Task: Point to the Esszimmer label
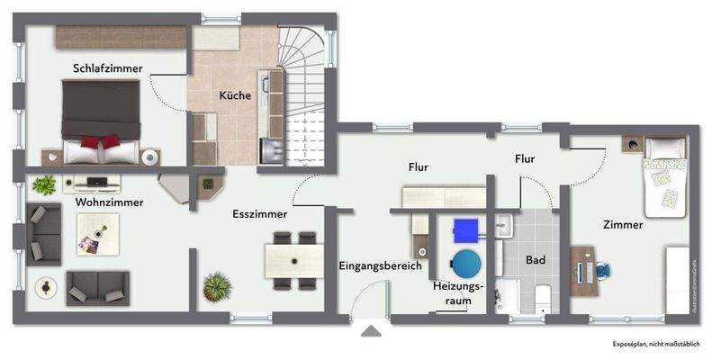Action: (259, 214)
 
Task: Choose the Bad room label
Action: (536, 260)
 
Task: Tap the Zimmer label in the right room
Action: (622, 225)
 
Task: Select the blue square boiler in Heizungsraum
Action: (465, 230)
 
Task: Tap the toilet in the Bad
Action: (542, 296)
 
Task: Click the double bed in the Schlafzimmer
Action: (100, 119)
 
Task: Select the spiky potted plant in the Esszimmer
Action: (217, 288)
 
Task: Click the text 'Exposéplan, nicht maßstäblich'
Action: (654, 345)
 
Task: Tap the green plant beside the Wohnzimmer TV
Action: (42, 185)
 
